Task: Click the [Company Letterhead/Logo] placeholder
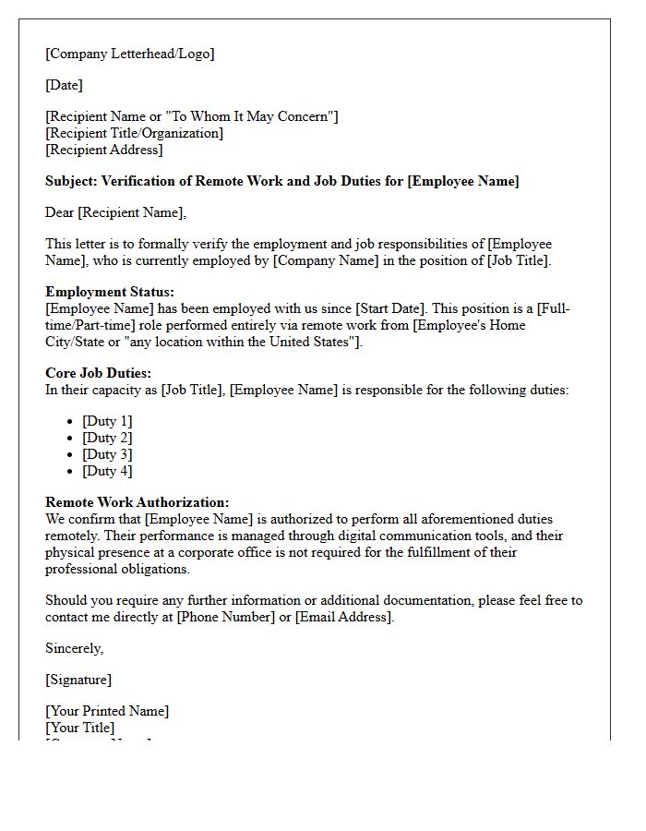pyautogui.click(x=129, y=54)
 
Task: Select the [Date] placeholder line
pyautogui.click(x=64, y=85)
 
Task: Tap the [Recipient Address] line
pyautogui.click(x=103, y=150)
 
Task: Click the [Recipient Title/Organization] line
pyautogui.click(x=134, y=133)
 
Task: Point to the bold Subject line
pyautogui.click(x=281, y=181)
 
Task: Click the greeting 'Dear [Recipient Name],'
pyautogui.click(x=115, y=212)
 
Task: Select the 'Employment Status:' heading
pyautogui.click(x=110, y=292)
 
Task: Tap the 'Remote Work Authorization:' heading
pyautogui.click(x=137, y=502)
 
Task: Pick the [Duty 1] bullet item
pyautogui.click(x=107, y=421)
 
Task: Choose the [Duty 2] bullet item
pyautogui.click(x=107, y=438)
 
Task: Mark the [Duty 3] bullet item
pyautogui.click(x=107, y=454)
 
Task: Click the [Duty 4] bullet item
pyautogui.click(x=107, y=471)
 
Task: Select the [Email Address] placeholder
pyautogui.click(x=343, y=617)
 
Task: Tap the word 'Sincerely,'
pyautogui.click(x=74, y=648)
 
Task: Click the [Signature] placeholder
pyautogui.click(x=78, y=680)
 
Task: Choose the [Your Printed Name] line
pyautogui.click(x=107, y=711)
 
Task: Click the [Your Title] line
pyautogui.click(x=79, y=728)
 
